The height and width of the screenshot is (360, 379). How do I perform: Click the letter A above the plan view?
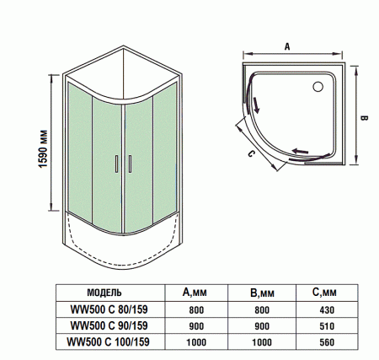click(286, 47)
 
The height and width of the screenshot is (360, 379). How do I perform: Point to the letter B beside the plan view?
click(365, 119)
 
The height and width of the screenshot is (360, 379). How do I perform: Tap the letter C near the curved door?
click(251, 154)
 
